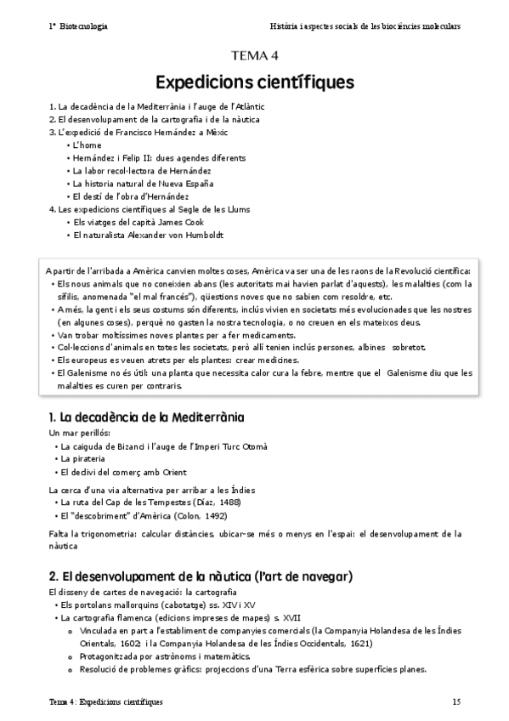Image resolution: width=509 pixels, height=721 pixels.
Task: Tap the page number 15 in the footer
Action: tap(456, 701)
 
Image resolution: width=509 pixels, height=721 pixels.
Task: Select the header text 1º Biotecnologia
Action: tap(78, 26)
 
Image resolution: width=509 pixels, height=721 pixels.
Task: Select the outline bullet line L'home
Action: tap(87, 145)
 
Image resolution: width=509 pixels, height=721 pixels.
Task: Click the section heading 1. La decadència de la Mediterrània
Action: tap(146, 417)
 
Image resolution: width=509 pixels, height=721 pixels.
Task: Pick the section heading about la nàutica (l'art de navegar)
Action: tap(200, 576)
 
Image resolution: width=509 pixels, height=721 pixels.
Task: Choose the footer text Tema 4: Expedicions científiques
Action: tap(105, 701)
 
